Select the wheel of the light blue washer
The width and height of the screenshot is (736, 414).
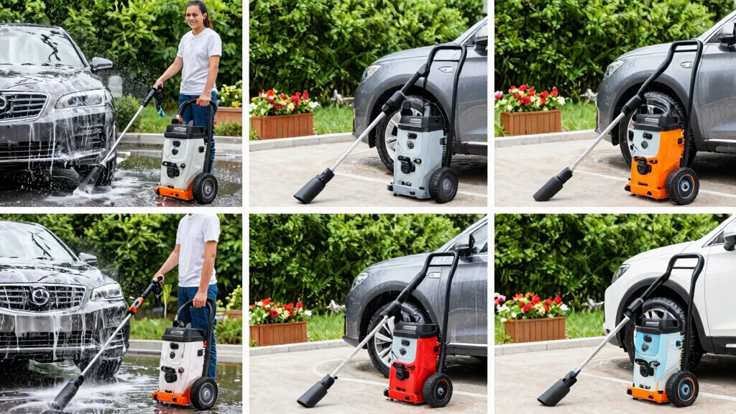(x=681, y=388)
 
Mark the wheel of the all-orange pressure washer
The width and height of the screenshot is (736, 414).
(x=681, y=186)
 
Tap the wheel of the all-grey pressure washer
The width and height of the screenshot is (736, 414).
(x=443, y=185)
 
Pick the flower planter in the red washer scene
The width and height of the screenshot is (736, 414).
(x=279, y=332)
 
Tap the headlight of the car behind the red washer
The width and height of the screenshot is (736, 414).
(x=359, y=280)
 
